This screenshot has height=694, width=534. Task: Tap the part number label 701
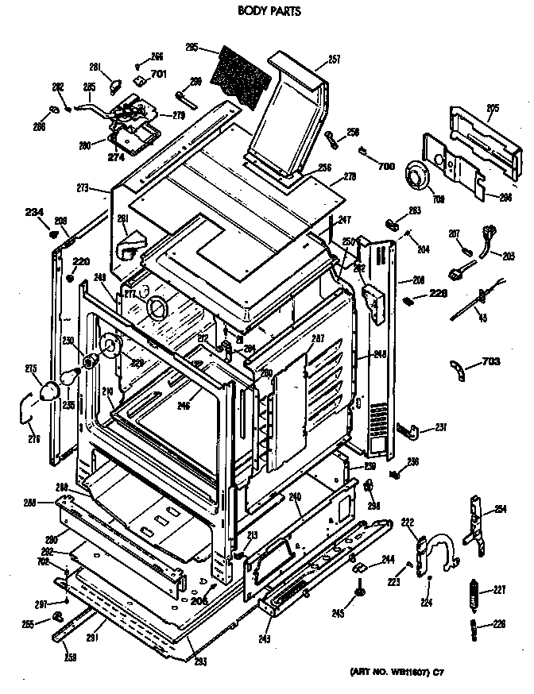(159, 75)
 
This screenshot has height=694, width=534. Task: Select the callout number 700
(387, 168)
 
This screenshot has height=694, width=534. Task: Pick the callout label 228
(439, 293)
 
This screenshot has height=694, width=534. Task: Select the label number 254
(500, 509)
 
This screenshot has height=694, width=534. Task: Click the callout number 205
(492, 108)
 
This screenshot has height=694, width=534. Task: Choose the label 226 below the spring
(498, 623)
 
